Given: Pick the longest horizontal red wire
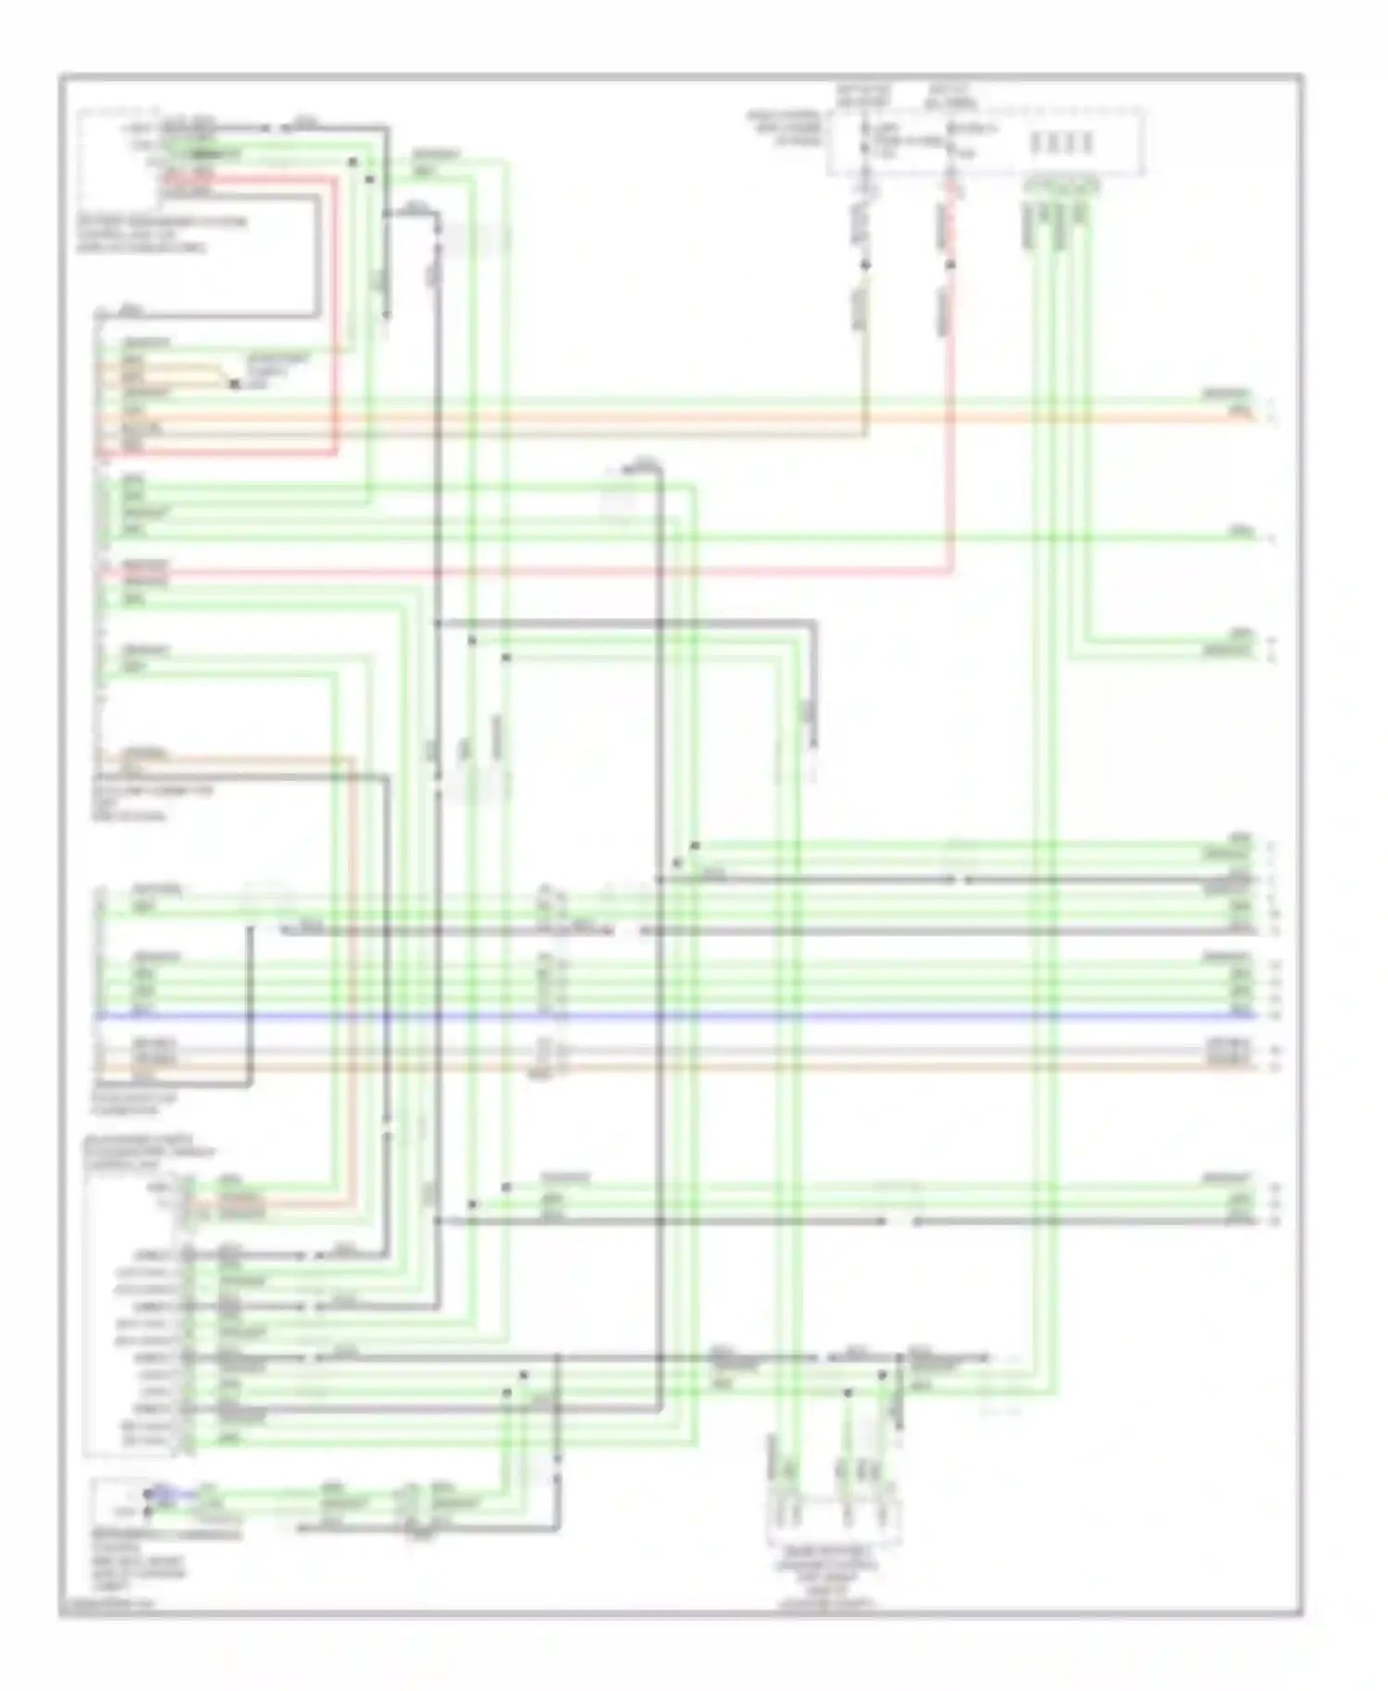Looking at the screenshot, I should pos(555,573).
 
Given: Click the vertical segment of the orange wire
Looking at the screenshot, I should pos(353,971).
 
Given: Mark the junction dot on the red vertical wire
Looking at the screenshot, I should pos(950,265).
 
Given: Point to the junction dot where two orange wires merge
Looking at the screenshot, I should pos(234,384).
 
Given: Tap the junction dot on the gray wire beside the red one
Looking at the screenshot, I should pos(865,265).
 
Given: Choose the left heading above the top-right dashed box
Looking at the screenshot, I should pos(862,95).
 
